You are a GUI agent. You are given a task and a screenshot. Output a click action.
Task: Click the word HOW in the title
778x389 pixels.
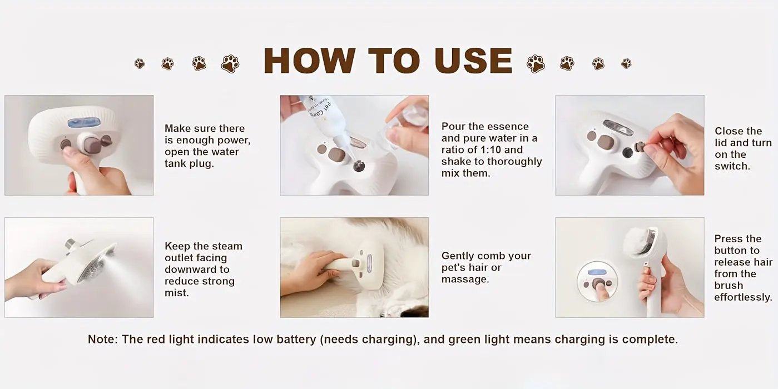click(309, 61)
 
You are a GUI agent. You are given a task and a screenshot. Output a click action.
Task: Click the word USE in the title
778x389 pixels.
click(473, 61)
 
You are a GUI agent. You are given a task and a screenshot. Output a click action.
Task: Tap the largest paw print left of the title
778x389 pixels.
click(230, 64)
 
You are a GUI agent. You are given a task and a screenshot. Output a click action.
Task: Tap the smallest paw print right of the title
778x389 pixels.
click(626, 63)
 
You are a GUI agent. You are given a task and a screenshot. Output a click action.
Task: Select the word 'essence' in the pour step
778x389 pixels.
click(511, 127)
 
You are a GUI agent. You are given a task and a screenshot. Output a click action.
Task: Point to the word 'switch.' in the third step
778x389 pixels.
click(732, 166)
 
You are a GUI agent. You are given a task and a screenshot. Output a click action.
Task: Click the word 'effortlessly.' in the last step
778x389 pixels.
click(743, 297)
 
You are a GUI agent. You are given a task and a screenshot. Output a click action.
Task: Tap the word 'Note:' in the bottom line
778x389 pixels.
click(102, 340)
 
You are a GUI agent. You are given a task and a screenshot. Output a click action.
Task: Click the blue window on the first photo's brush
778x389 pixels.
click(83, 123)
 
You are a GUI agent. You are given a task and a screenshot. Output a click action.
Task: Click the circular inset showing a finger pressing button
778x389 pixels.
click(598, 281)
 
